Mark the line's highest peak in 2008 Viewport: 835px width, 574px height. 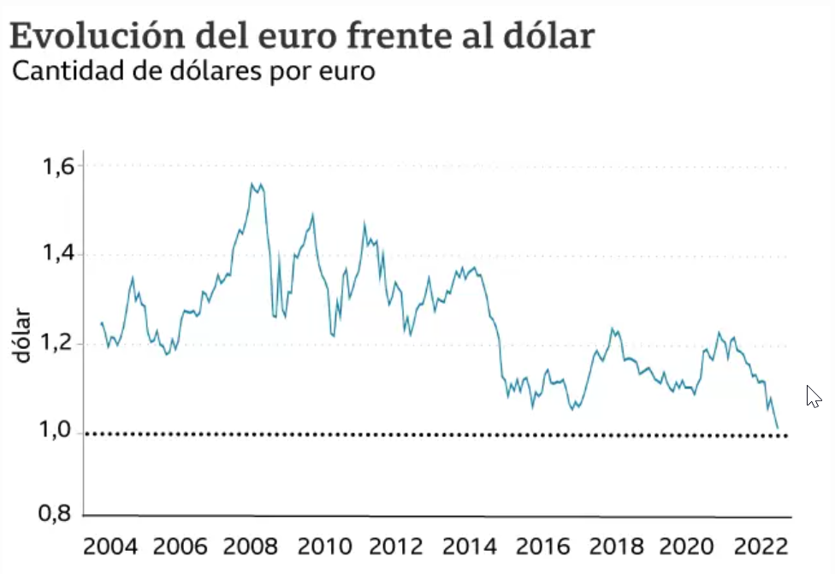click(x=252, y=183)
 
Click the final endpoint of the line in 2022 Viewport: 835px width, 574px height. click(x=777, y=427)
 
